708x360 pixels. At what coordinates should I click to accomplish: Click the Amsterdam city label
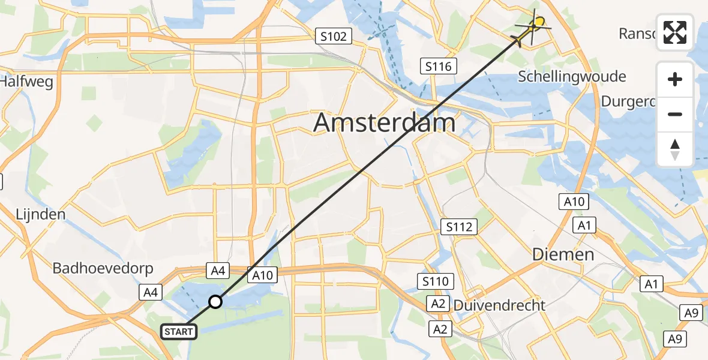click(384, 124)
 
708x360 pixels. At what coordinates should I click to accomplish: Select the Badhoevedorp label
click(103, 268)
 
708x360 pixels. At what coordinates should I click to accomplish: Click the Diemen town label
click(564, 254)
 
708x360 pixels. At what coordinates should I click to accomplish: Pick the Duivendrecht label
click(499, 305)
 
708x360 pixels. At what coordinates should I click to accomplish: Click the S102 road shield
click(333, 37)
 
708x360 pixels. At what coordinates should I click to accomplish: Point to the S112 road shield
click(459, 227)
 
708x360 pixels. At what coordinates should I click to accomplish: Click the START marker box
click(179, 331)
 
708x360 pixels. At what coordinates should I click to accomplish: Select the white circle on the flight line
click(215, 302)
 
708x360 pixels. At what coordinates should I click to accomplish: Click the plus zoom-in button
click(675, 80)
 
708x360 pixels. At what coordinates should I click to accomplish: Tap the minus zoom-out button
click(675, 114)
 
